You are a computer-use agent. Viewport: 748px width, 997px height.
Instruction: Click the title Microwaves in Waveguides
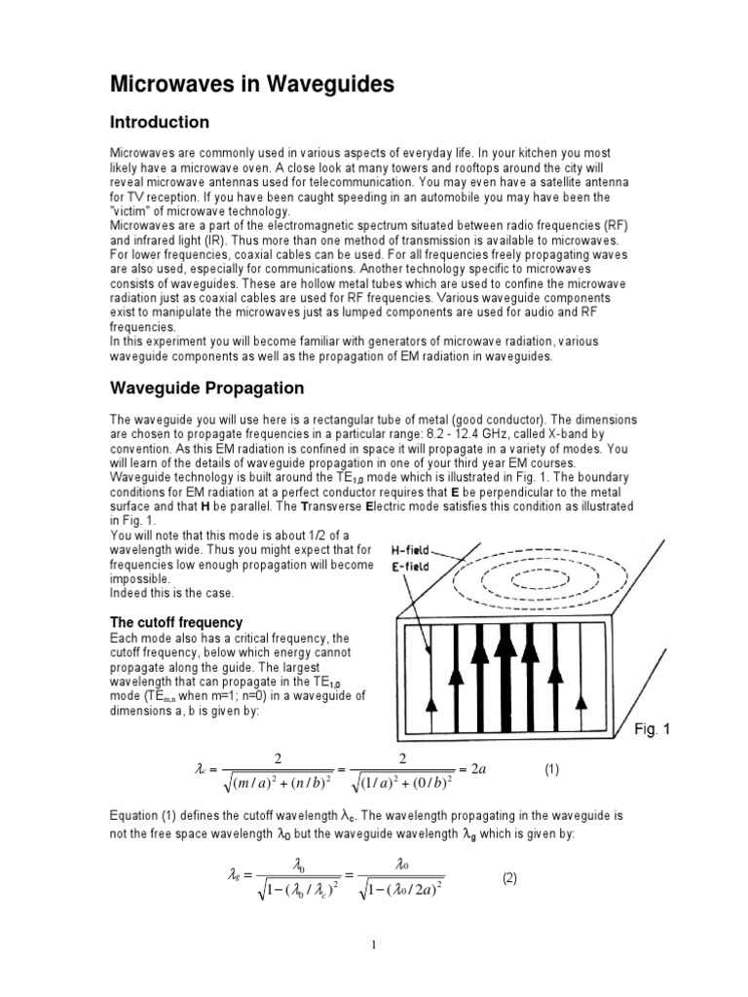[x=251, y=85]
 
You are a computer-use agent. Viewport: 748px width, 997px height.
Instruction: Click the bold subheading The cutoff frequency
[x=175, y=622]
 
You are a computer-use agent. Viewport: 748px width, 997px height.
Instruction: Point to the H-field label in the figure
[x=413, y=549]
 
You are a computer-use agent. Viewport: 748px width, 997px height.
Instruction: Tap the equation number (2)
[x=512, y=878]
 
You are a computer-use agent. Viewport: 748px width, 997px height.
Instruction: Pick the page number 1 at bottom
[x=373, y=944]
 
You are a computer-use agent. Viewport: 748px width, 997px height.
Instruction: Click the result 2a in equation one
[x=484, y=769]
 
